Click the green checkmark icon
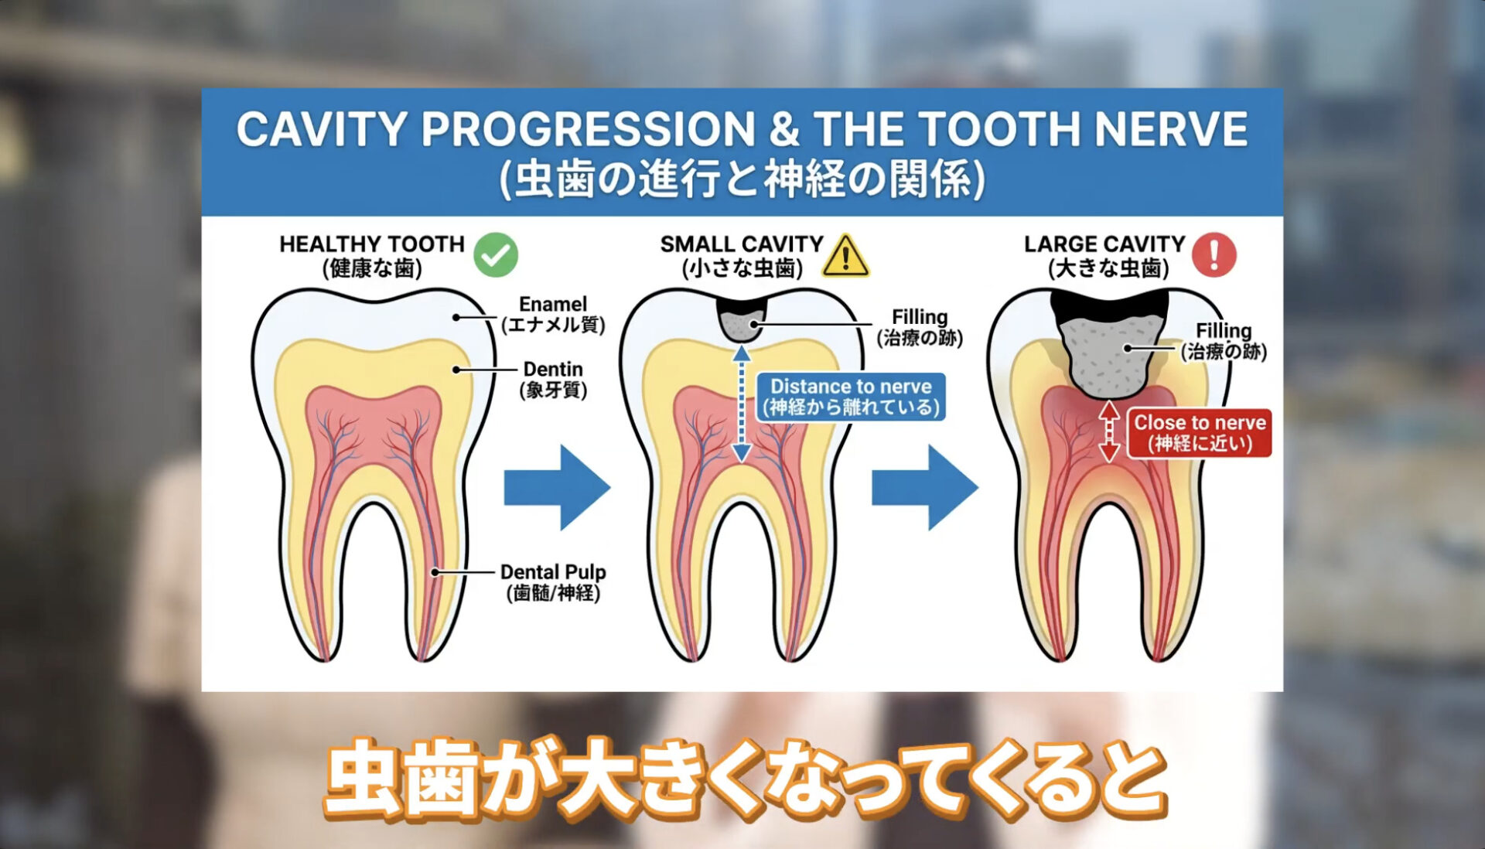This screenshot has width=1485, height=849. click(x=496, y=254)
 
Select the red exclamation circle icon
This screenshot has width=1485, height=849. click(x=1214, y=254)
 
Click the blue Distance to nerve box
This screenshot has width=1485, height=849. click(x=851, y=397)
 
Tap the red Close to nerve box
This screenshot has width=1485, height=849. click(x=1200, y=433)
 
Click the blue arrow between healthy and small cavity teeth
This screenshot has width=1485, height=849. click(x=557, y=487)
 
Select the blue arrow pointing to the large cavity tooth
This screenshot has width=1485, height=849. click(x=925, y=487)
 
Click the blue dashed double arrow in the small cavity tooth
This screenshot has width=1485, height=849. click(x=742, y=404)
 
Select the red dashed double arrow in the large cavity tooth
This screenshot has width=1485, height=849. click(x=1109, y=431)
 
